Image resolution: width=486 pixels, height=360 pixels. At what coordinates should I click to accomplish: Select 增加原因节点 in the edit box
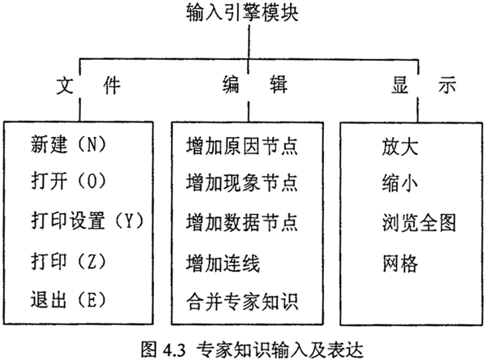point(241,147)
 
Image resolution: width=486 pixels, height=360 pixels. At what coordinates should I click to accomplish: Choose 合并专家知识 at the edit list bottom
point(241,302)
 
